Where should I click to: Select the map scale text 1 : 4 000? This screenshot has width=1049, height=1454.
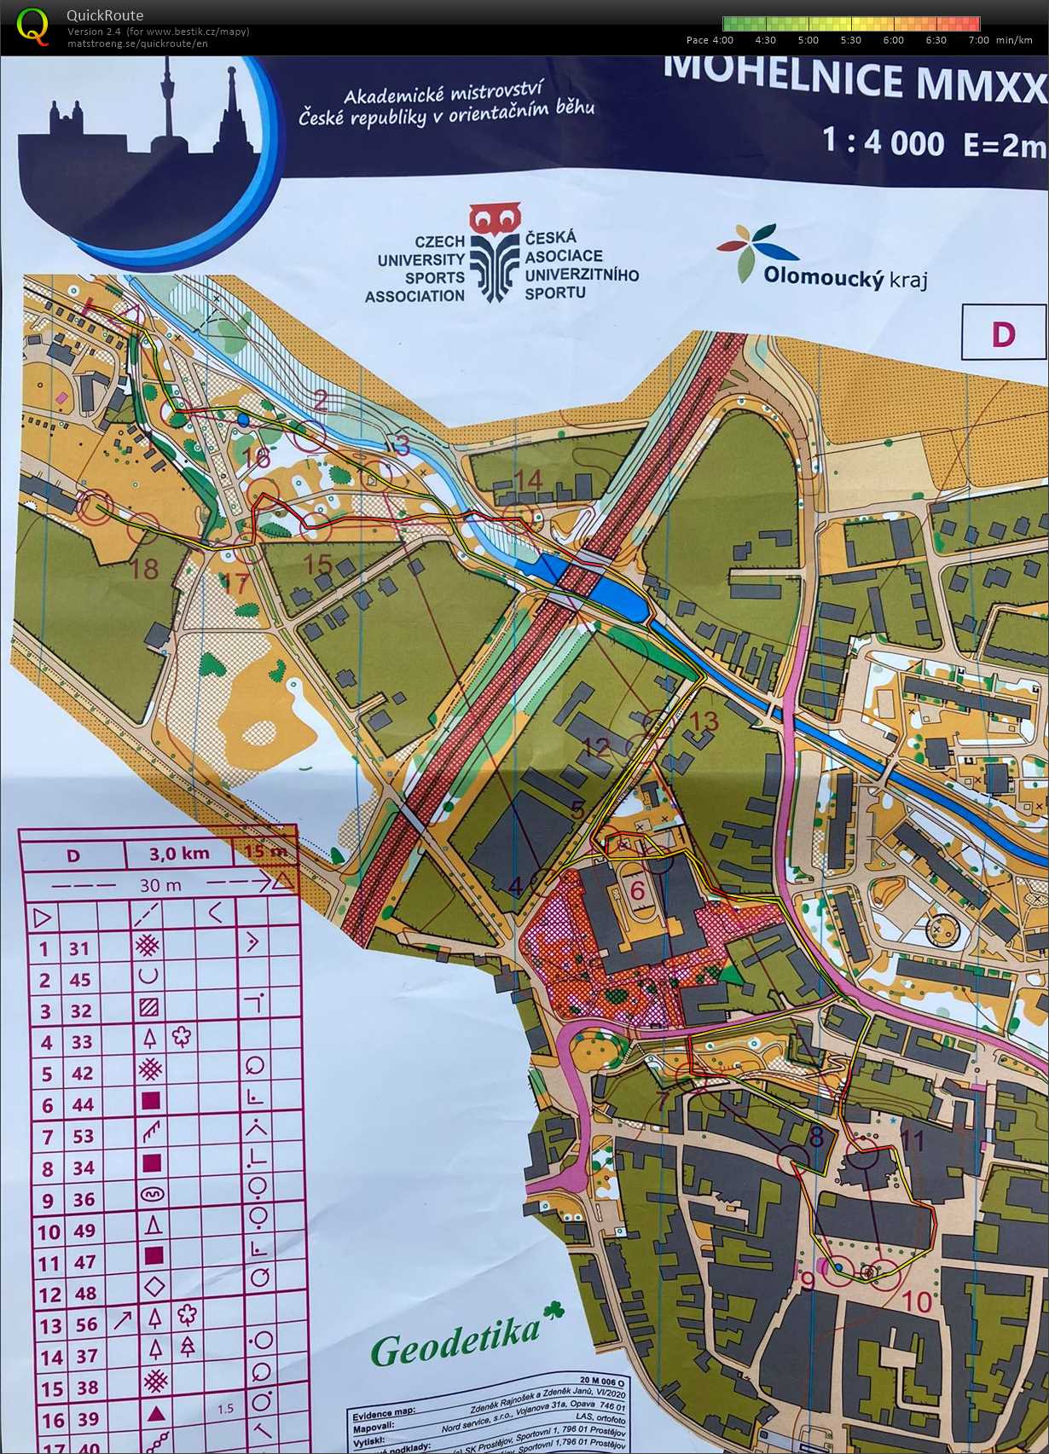tap(884, 142)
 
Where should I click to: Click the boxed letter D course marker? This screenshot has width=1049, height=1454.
tap(1003, 333)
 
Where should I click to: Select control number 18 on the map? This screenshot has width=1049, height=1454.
tap(145, 568)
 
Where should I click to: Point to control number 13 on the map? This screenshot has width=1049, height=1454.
tap(704, 721)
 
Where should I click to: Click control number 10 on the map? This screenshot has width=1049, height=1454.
tap(917, 1301)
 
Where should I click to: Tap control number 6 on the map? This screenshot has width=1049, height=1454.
tap(637, 890)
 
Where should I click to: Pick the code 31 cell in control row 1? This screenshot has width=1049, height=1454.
tap(79, 948)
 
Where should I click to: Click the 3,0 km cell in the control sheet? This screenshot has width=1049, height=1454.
tap(178, 853)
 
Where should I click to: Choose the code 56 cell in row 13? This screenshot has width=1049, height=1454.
tap(86, 1324)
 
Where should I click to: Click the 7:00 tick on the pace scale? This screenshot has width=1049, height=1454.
tap(978, 39)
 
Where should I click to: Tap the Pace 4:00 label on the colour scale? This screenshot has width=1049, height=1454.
tap(710, 39)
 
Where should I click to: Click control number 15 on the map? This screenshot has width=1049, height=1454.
tap(317, 564)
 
